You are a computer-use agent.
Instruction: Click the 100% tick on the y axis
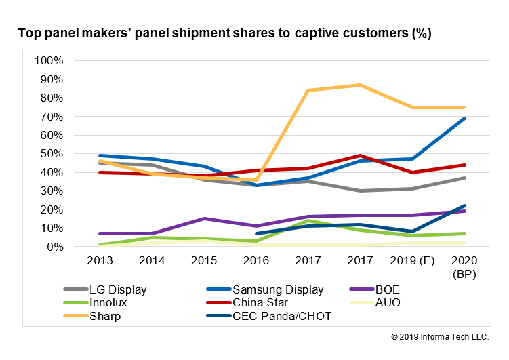click(49, 60)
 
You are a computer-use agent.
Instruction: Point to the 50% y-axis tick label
click(52, 154)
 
